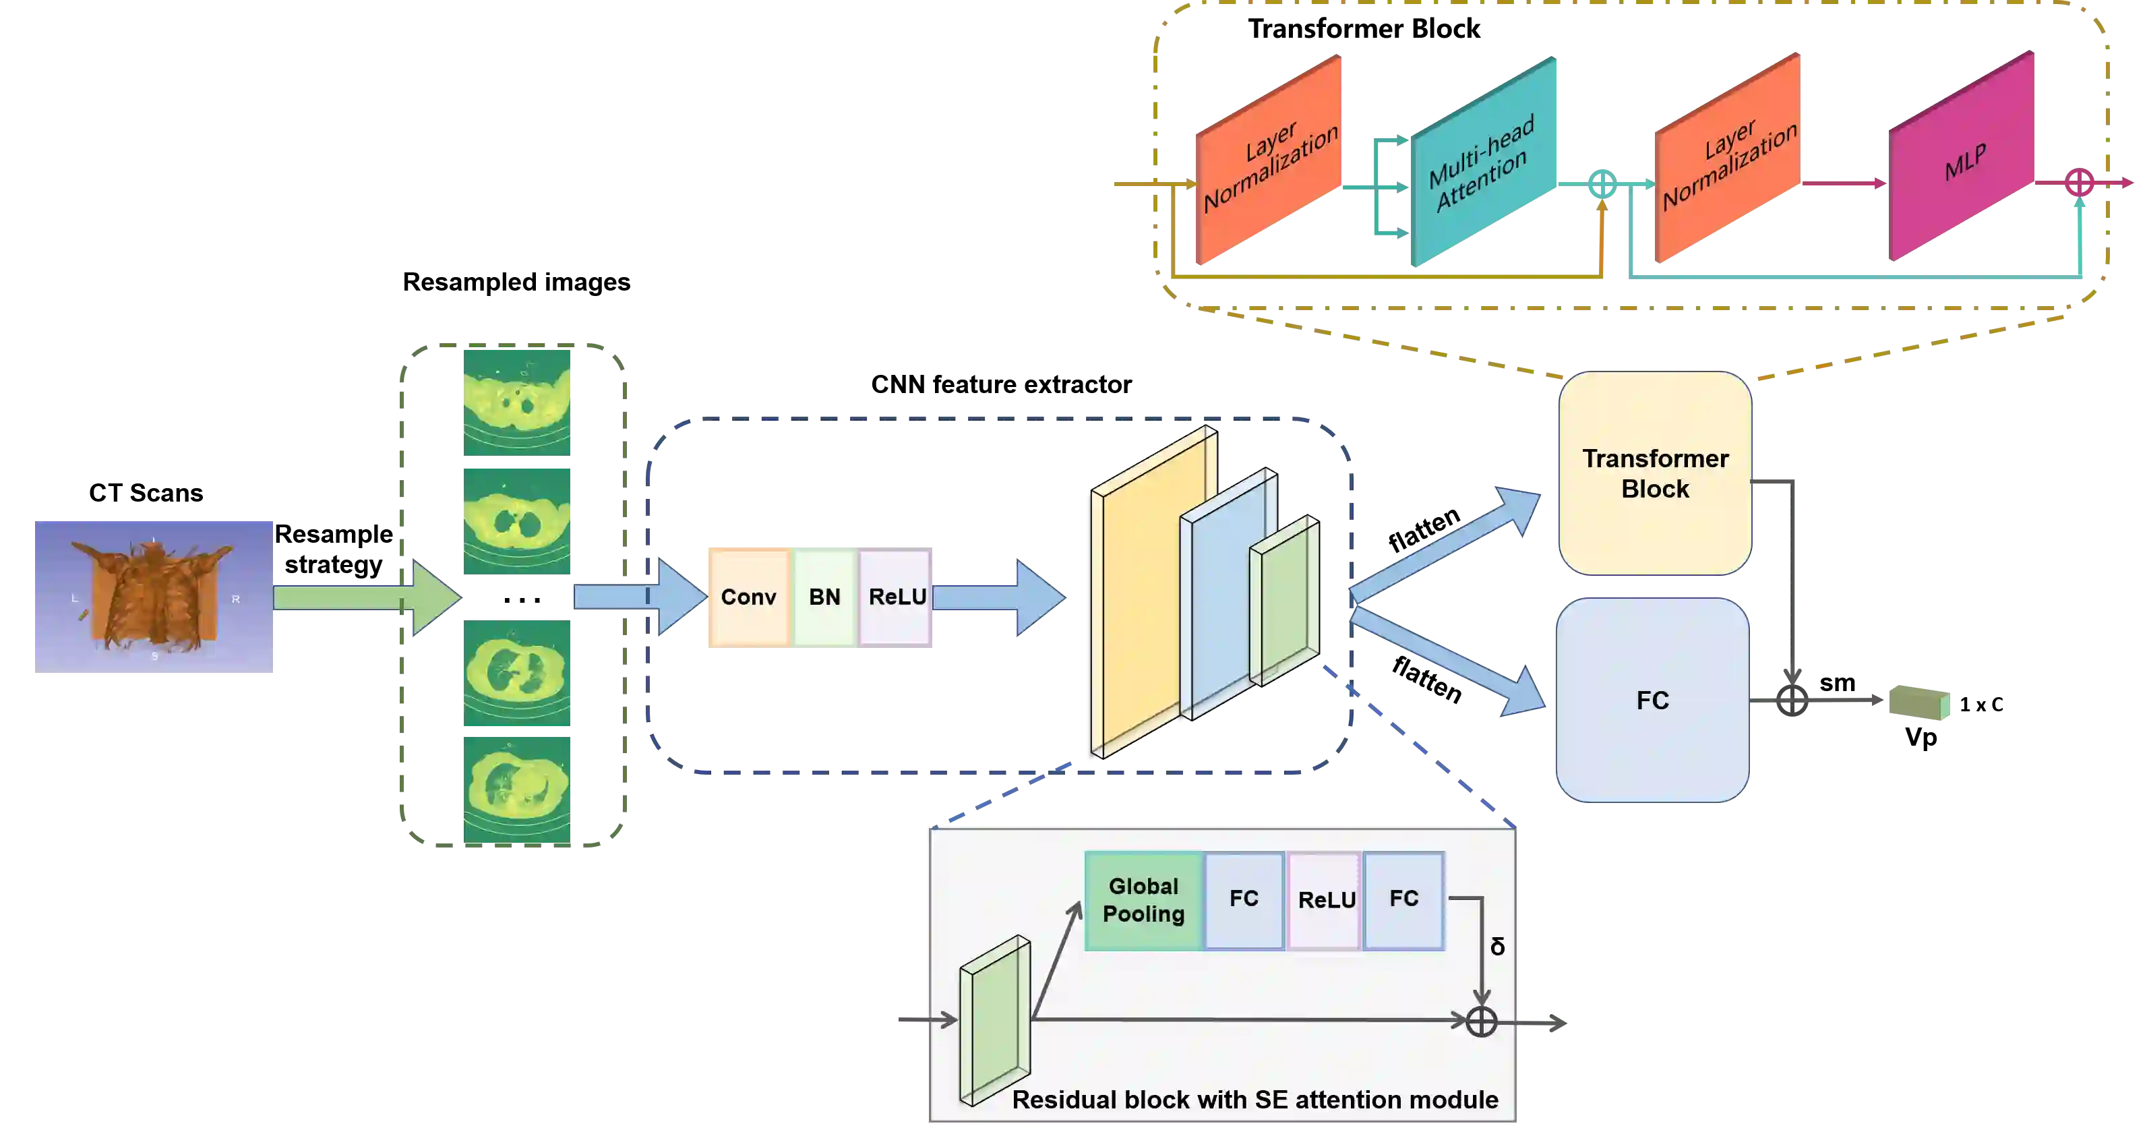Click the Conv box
pos(748,597)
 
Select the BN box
pos(824,597)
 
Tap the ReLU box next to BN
pos(896,597)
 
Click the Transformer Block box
pos(1654,473)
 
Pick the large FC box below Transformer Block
pos(1652,700)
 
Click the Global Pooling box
pos(1143,901)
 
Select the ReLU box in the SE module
pos(1325,901)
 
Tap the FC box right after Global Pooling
pos(1244,901)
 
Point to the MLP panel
pos(1963,158)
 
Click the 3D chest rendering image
pos(154,596)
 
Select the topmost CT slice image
pos(518,403)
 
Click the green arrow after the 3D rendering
pos(367,597)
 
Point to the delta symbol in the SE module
pos(1497,947)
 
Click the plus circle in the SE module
pos(1481,1021)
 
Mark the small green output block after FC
pos(1919,703)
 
